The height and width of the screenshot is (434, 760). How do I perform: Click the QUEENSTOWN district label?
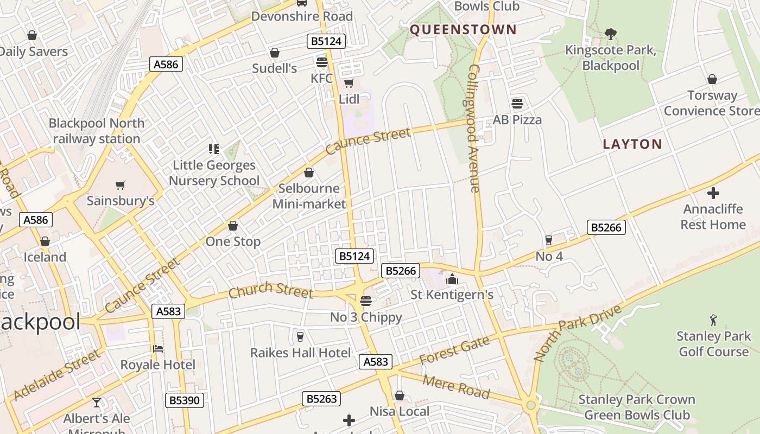pos(463,30)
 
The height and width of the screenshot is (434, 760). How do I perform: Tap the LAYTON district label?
pos(632,144)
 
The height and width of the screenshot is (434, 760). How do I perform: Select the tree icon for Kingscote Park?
pos(611,34)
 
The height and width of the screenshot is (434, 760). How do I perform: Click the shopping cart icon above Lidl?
pos(349,83)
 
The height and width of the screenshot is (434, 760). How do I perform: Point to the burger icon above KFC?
pos(322,62)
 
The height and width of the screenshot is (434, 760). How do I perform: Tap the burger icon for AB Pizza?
pos(517,103)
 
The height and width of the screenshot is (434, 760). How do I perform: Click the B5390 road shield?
pos(185,400)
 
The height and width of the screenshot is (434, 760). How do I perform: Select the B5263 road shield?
pos(321,399)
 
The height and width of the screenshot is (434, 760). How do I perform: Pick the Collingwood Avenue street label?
pos(474,128)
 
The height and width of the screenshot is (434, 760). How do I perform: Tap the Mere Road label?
pos(456,386)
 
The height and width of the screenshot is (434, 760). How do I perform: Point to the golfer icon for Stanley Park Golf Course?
pos(713,320)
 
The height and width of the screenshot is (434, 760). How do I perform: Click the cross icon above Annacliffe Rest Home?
pos(713,193)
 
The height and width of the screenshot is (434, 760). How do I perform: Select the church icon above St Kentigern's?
pos(452,279)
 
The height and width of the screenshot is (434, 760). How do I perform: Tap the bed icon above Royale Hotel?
pos(158,348)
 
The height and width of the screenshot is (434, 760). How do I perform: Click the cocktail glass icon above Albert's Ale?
pos(97,402)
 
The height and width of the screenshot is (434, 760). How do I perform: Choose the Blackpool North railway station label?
pos(97,131)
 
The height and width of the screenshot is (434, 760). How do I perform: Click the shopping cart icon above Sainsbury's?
pos(121,185)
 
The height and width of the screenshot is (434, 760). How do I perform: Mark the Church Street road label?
pos(270,291)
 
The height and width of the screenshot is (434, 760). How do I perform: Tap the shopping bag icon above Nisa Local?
pos(400,395)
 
